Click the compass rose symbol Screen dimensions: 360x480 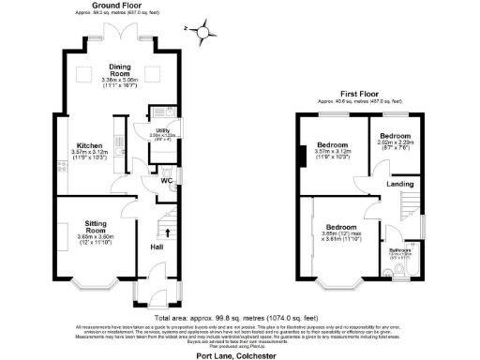[x=203, y=35]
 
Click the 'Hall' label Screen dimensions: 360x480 [x=157, y=247]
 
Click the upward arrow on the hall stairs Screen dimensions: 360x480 [x=170, y=232]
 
